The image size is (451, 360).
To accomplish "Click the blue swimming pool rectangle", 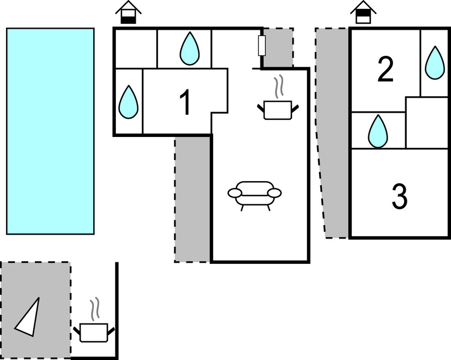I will click(x=50, y=131).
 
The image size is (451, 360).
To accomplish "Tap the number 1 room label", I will click(x=185, y=103).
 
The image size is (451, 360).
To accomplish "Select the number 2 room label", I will click(x=385, y=70).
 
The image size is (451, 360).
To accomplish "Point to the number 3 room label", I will click(x=399, y=195).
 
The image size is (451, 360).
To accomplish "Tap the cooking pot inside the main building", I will click(x=278, y=107).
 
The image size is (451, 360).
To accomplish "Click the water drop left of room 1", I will click(x=129, y=102).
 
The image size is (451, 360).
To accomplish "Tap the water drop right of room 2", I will click(x=434, y=62).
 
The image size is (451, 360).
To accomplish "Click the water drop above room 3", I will click(x=378, y=131).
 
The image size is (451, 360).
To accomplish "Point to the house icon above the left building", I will click(x=129, y=12).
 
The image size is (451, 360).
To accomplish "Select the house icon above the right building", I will click(x=362, y=12).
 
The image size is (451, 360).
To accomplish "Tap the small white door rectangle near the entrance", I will click(x=262, y=46).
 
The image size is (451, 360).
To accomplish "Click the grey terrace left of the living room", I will click(x=193, y=199).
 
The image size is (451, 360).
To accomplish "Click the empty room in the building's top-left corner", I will click(x=136, y=48).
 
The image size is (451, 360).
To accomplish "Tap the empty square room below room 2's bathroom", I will click(x=426, y=123).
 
